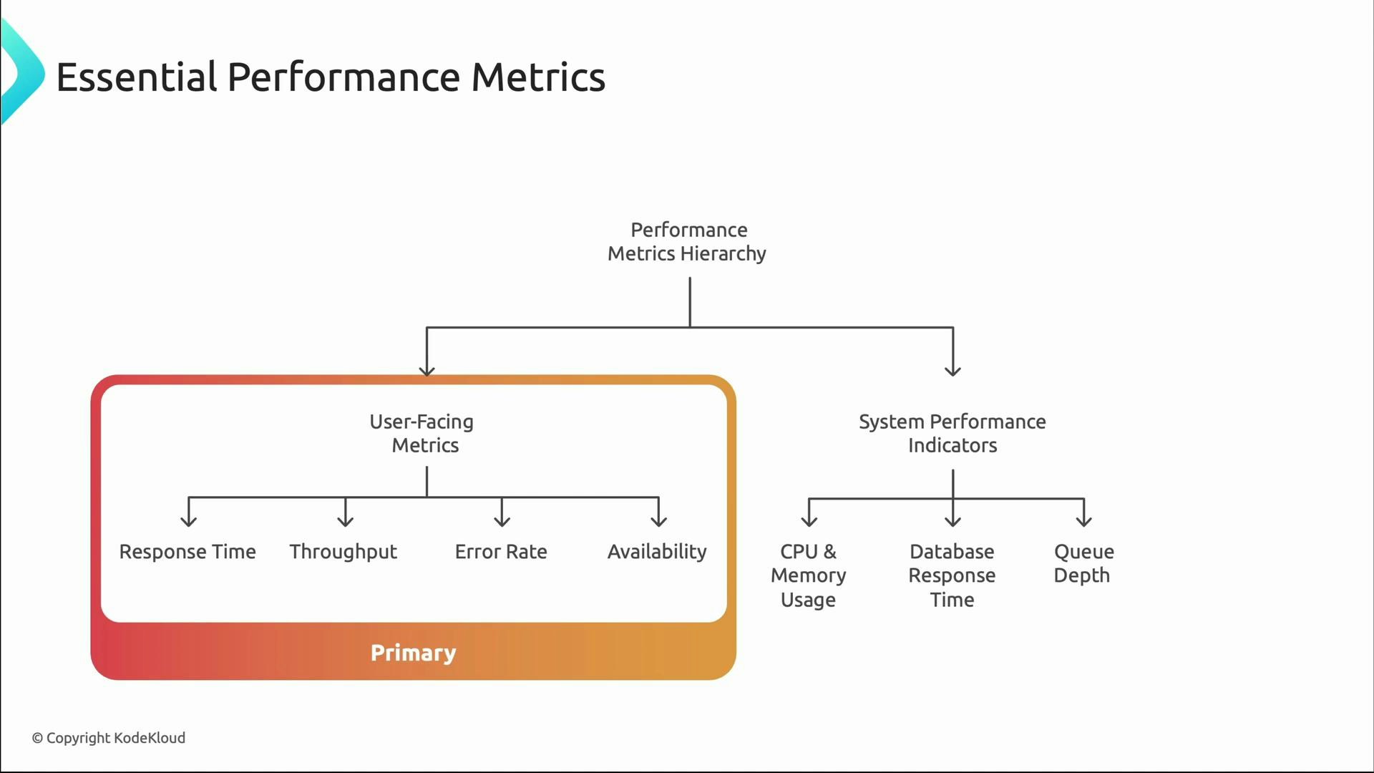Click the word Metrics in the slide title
pyautogui.click(x=537, y=77)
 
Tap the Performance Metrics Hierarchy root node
pyautogui.click(x=687, y=242)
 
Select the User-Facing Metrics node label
pyautogui.click(x=422, y=433)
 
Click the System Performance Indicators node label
pyautogui.click(x=952, y=433)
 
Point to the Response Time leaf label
pyautogui.click(x=187, y=552)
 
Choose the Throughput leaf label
pyautogui.click(x=343, y=552)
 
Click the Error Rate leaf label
pyautogui.click(x=501, y=552)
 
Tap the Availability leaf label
pyautogui.click(x=657, y=552)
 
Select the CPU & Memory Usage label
pyautogui.click(x=809, y=575)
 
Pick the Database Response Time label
pyautogui.click(x=952, y=575)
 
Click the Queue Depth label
pyautogui.click(x=1083, y=563)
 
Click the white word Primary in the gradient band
pyautogui.click(x=413, y=653)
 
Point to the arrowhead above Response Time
pyautogui.click(x=189, y=521)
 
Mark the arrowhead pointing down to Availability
pyautogui.click(x=658, y=521)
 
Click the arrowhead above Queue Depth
pyautogui.click(x=1084, y=521)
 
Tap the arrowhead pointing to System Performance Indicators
pyautogui.click(x=952, y=370)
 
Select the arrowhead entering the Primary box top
pyautogui.click(x=427, y=370)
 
